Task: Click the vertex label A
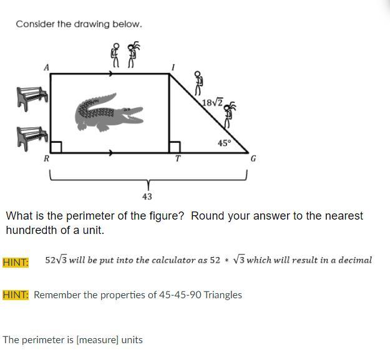47,67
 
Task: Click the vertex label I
173,67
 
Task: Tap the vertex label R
47,158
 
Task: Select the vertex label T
178,158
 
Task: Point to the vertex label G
253,158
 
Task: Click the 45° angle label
225,144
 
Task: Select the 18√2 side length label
212,102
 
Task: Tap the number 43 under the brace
147,197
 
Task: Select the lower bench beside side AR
32,138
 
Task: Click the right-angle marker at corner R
56,147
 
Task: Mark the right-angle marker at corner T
175,147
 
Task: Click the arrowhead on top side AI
111,74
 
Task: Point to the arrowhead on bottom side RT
111,153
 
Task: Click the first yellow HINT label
16,262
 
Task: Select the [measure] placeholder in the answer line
97,340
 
